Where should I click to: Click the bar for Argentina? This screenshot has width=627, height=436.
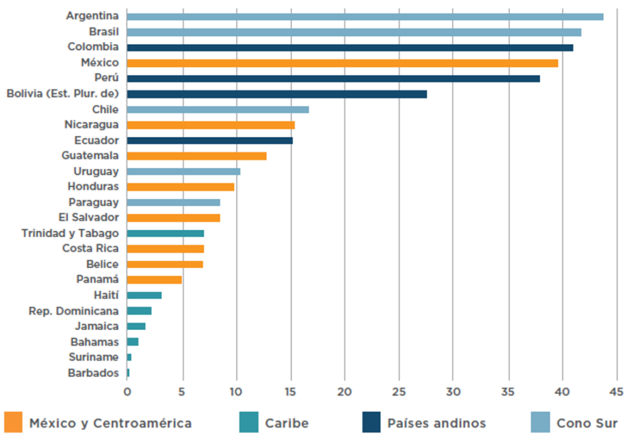coord(365,17)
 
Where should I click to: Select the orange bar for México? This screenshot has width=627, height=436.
coord(342,63)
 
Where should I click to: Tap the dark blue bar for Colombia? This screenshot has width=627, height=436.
coord(350,47)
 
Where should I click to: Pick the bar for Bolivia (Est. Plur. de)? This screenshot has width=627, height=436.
coord(277,94)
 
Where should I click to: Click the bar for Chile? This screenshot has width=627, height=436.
coord(218,110)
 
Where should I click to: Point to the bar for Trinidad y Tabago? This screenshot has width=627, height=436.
coord(165,233)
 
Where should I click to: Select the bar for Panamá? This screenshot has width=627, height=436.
coord(154,280)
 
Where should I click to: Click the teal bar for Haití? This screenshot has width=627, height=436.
coord(145,295)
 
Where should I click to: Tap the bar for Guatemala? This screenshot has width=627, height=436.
coord(197,156)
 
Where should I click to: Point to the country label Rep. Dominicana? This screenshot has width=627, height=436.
coord(74,311)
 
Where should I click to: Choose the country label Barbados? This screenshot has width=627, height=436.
coord(94,373)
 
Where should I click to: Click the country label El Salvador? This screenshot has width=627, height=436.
coord(89,217)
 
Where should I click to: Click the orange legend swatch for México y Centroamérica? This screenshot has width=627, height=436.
coord(13,423)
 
